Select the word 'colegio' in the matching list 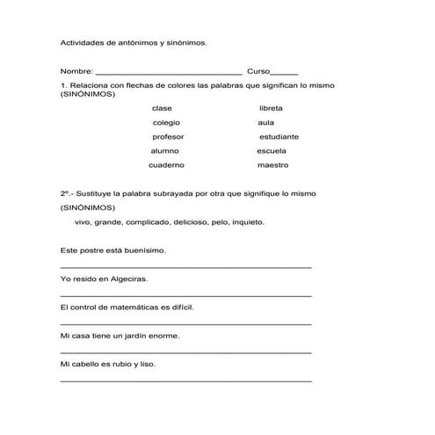click(x=166, y=122)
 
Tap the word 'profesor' click(x=169, y=136)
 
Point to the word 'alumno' click(x=165, y=150)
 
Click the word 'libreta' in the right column click(x=271, y=108)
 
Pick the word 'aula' click(x=265, y=122)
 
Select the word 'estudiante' click(x=279, y=136)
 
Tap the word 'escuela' click(x=272, y=150)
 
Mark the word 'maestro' click(x=272, y=165)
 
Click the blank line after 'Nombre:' click(x=168, y=72)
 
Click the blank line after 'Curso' click(x=284, y=72)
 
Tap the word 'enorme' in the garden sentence click(x=166, y=336)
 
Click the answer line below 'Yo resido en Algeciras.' click(x=185, y=295)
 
